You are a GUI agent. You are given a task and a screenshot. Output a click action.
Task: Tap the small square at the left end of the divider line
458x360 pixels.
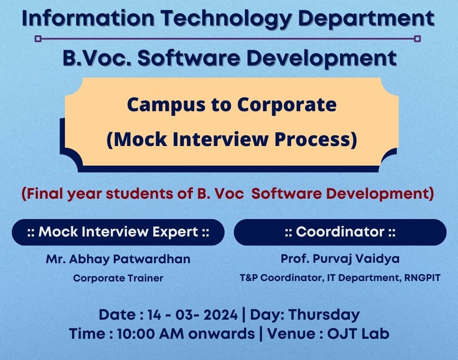[38, 39]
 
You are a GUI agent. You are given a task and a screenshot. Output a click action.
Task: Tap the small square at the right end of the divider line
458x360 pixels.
[418, 39]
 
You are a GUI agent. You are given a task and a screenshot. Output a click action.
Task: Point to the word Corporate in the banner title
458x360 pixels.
[287, 104]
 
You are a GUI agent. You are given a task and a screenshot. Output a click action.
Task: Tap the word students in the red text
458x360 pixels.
[139, 194]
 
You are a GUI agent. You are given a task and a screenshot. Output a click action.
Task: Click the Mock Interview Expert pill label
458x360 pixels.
[118, 232]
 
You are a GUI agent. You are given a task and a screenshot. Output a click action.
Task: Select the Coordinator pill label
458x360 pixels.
[340, 232]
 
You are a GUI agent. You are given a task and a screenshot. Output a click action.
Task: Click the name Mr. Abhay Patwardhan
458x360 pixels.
[118, 259]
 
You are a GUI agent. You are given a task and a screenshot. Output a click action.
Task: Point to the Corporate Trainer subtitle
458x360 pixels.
[118, 278]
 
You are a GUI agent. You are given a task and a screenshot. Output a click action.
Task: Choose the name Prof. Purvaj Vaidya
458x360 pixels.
[340, 259]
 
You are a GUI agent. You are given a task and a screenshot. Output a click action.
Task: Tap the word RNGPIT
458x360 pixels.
[422, 278]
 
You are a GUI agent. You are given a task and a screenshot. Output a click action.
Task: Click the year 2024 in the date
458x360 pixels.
[221, 315]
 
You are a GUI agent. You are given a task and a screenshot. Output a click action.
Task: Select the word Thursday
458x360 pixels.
[324, 315]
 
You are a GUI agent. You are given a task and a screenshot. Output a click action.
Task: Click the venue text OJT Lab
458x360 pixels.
[358, 334]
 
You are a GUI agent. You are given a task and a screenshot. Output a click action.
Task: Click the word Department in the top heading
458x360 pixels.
[367, 19]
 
